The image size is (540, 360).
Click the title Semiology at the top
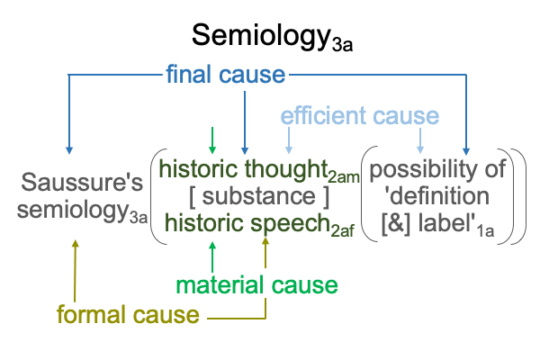[261, 36]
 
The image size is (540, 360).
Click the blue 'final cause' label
[226, 74]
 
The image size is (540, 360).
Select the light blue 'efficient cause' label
[360, 115]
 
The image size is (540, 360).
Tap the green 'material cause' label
[256, 285]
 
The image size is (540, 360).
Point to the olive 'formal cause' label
[128, 314]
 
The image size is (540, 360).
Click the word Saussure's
[82, 182]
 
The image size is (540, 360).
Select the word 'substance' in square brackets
[258, 196]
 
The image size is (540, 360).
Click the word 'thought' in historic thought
[286, 169]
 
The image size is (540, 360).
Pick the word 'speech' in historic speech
[291, 224]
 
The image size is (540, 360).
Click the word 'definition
[436, 196]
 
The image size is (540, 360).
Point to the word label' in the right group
[447, 223]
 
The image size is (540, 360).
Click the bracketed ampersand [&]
[396, 224]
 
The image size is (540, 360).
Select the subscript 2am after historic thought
[344, 177]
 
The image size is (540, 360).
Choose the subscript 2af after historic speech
[342, 231]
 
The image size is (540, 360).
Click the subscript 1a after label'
[485, 231]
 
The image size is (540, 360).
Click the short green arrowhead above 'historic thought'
[212, 150]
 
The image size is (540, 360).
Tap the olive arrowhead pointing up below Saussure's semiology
[75, 244]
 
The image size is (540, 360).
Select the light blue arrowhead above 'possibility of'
[420, 150]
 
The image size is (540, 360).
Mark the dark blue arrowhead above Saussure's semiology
[69, 150]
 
